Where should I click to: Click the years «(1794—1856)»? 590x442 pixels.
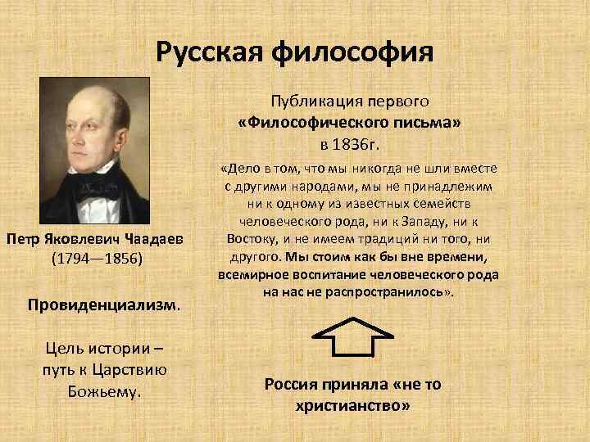97,259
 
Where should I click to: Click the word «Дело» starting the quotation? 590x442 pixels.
244,169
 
